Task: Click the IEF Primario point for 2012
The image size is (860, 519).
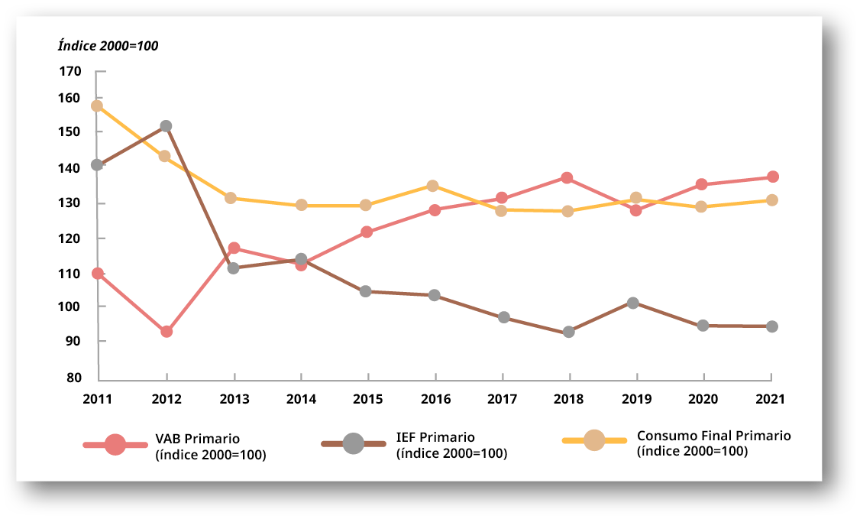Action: [166, 125]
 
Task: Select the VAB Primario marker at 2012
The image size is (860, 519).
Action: [167, 332]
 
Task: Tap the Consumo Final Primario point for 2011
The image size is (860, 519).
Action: [97, 106]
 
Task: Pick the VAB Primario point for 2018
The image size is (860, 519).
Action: [567, 178]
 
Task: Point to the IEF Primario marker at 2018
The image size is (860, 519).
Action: [568, 332]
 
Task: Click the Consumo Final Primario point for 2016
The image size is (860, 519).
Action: [432, 186]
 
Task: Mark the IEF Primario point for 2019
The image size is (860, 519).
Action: [633, 303]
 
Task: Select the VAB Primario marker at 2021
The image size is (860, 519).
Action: [773, 177]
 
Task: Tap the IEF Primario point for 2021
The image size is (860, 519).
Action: [772, 326]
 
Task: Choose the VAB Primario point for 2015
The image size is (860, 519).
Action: [367, 232]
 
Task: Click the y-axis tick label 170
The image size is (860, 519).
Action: [70, 71]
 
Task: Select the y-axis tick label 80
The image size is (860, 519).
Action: [73, 378]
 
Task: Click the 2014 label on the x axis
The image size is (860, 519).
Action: [301, 399]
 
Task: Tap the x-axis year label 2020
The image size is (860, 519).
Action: [703, 399]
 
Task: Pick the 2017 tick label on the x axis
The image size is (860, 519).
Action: [502, 399]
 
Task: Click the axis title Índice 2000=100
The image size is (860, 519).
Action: [108, 46]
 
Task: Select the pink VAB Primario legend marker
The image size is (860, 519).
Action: [115, 444]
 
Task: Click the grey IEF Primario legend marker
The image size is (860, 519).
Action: [353, 443]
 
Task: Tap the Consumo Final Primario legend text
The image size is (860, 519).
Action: [713, 443]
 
